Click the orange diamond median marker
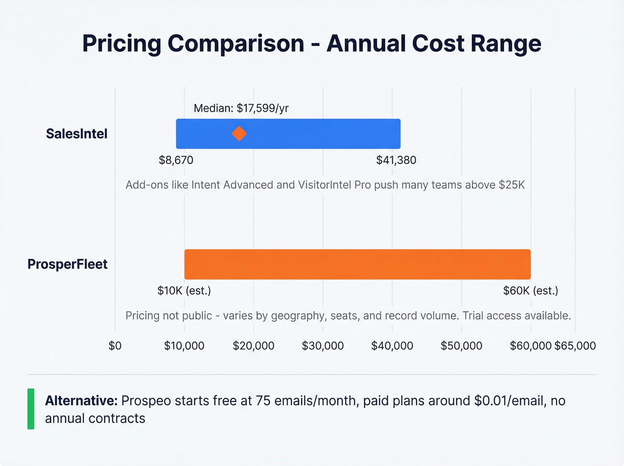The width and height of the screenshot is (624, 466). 239,134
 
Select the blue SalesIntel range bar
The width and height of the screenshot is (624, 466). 312,134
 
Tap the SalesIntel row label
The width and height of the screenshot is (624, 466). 77,134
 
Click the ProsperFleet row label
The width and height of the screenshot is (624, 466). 67,264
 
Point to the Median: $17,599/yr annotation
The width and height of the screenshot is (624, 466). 241,108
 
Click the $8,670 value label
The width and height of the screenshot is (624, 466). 176,160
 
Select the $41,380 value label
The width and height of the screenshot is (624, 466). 396,160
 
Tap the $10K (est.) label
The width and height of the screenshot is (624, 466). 184,291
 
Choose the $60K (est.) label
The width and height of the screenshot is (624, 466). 530,291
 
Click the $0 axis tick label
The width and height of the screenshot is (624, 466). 115,346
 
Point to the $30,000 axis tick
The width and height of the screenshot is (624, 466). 323,346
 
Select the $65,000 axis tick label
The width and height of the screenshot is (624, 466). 575,346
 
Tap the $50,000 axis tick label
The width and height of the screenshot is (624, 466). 461,346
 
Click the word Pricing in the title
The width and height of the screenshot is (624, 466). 122,44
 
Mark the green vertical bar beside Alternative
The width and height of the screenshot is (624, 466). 31,409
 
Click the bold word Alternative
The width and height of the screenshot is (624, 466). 81,400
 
